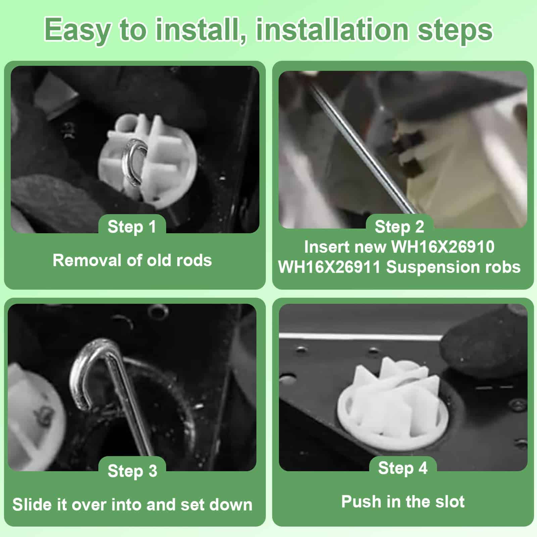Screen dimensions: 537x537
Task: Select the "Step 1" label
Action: pyautogui.click(x=132, y=227)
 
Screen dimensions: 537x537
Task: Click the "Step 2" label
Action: pyautogui.click(x=399, y=227)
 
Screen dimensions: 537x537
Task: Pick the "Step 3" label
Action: pyautogui.click(x=133, y=471)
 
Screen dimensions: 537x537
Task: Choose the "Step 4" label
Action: pyautogui.click(x=403, y=468)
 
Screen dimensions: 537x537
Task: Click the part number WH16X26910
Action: pyautogui.click(x=443, y=247)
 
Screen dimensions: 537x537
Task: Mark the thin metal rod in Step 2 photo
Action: pyautogui.click(x=362, y=148)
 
